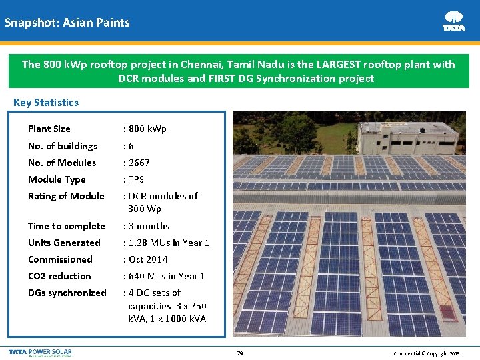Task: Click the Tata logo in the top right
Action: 454,21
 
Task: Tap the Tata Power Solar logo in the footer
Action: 40,353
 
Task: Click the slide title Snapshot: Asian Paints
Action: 67,23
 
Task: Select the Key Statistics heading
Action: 46,103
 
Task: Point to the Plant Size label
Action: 49,129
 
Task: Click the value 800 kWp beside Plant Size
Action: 145,129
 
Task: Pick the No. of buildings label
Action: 63,146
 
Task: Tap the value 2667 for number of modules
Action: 138,163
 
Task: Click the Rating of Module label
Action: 66,196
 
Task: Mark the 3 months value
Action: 148,226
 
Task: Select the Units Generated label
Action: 64,243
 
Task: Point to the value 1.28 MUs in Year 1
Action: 167,243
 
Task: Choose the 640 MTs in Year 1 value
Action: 165,276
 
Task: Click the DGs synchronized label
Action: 67,293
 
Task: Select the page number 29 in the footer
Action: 239,353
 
